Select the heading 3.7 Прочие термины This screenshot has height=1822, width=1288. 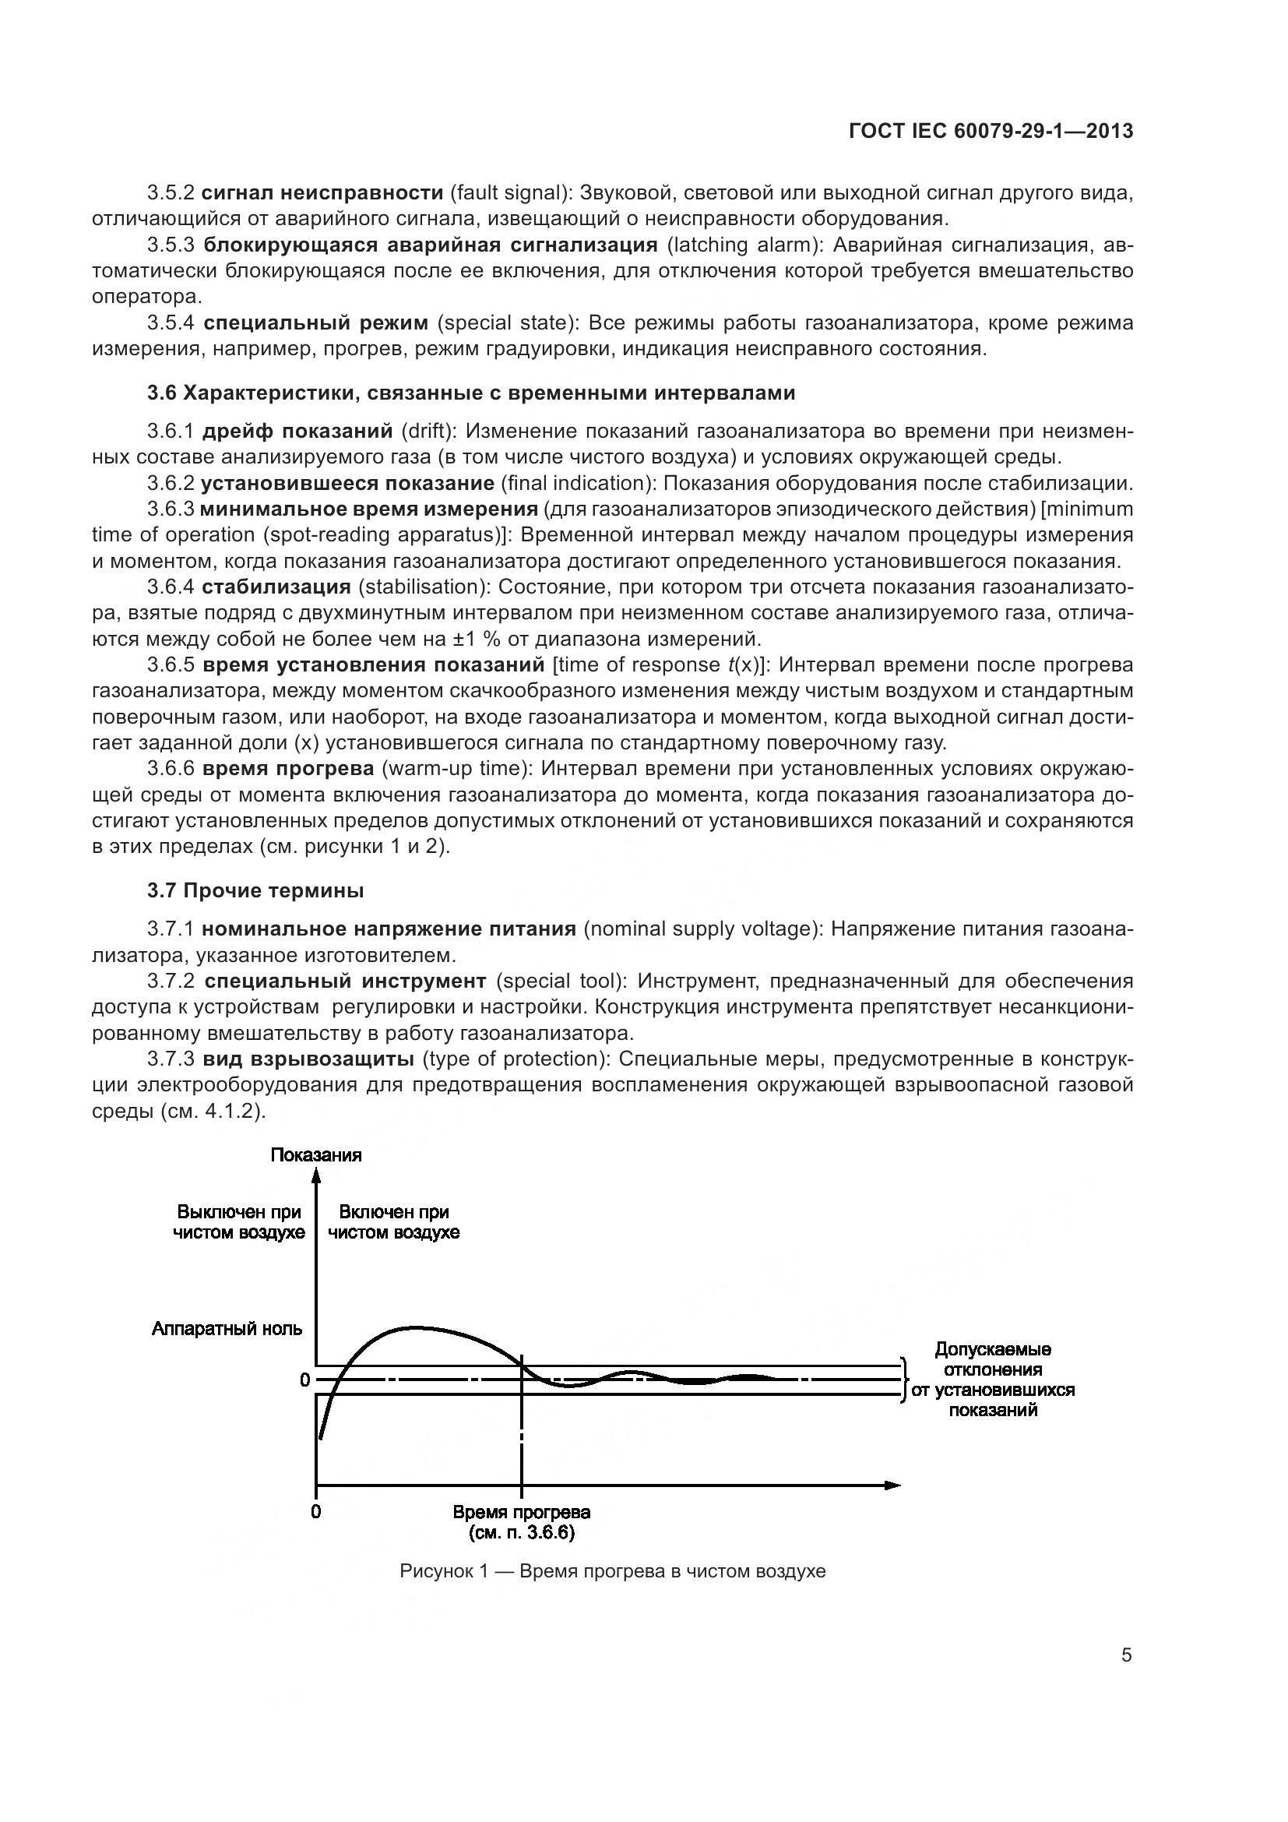pos(255,891)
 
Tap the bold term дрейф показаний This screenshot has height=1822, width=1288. pos(297,431)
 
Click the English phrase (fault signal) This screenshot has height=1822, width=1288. pos(511,192)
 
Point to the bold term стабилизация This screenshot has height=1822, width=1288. pos(276,587)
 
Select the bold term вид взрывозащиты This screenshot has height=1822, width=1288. pos(308,1059)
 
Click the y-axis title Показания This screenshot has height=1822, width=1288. pos(315,1154)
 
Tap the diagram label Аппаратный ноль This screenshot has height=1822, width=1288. pos(227,1328)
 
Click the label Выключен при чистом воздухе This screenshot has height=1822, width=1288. pos(239,1222)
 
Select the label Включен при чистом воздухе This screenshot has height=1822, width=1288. pos(393,1222)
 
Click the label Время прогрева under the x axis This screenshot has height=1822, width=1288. pos(521,1512)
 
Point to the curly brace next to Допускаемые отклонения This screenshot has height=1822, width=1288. pos(903,1380)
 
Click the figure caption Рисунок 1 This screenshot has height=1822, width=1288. pos(612,1571)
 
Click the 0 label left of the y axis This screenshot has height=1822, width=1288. pos(304,1381)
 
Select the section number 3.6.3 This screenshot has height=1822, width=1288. pos(171,509)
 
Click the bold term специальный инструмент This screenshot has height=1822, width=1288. pos(345,981)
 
